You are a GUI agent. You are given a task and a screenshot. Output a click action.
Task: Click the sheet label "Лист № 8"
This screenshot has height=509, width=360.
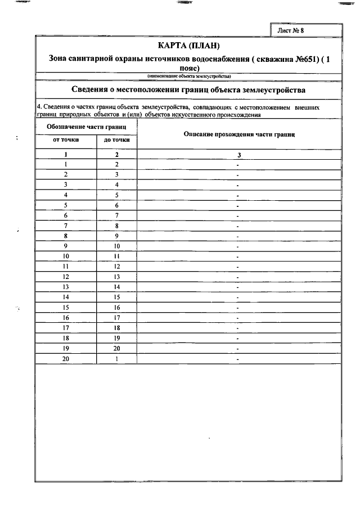click(290, 30)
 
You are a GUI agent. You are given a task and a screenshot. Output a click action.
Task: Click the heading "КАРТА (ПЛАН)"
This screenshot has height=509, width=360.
click(188, 45)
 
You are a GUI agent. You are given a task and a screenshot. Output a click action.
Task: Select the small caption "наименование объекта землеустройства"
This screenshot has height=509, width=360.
click(188, 76)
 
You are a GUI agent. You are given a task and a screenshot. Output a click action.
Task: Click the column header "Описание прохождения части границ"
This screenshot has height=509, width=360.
click(239, 134)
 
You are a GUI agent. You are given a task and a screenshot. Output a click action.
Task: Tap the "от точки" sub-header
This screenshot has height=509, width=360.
click(66, 139)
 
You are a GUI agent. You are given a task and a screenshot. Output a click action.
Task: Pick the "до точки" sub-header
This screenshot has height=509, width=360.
click(117, 139)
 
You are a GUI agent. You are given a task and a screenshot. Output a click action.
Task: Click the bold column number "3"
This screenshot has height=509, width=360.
click(238, 154)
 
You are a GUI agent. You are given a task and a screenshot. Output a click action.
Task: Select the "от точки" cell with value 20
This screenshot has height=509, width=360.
click(66, 358)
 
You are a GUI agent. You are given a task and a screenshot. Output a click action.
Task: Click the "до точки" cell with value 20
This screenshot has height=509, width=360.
click(117, 348)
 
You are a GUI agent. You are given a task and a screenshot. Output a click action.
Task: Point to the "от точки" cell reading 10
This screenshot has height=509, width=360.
click(66, 256)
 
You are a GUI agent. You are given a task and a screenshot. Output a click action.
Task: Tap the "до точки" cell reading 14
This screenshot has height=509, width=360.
click(117, 287)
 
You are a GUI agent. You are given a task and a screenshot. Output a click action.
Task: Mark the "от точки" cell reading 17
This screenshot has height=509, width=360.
click(66, 327)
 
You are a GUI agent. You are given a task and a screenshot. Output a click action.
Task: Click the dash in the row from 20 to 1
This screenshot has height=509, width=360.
click(238, 359)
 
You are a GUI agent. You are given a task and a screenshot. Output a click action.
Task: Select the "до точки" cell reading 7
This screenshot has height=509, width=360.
click(117, 215)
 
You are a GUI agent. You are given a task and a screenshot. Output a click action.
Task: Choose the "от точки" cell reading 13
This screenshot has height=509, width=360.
click(66, 287)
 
